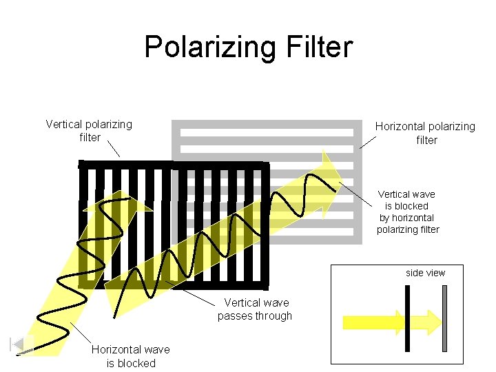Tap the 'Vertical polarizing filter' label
click(89, 130)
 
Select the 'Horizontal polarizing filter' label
click(425, 133)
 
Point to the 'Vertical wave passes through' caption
click(256, 309)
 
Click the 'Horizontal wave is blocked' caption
click(131, 356)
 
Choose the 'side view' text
click(425, 273)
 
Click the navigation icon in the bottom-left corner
click(22, 344)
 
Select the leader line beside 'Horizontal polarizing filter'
click(368, 141)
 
